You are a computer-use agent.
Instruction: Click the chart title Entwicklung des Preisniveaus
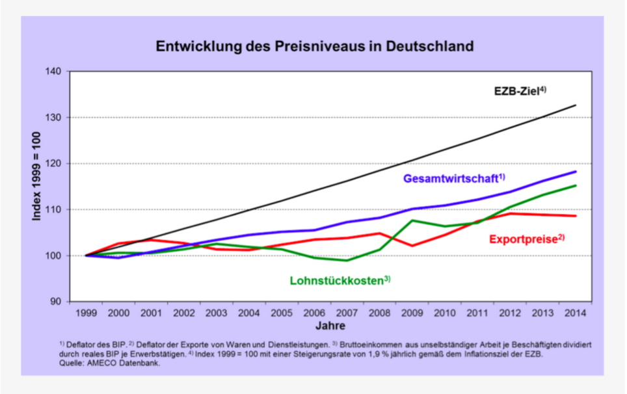pos(313,47)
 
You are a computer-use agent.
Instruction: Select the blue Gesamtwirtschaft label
pos(454,179)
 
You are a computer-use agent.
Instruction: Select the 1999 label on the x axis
pos(87,313)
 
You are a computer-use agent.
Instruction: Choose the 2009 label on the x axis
pos(413,313)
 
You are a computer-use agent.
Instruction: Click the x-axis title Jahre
pos(331,324)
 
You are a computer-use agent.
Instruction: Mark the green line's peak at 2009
pos(413,220)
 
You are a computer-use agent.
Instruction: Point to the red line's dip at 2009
pos(413,246)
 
